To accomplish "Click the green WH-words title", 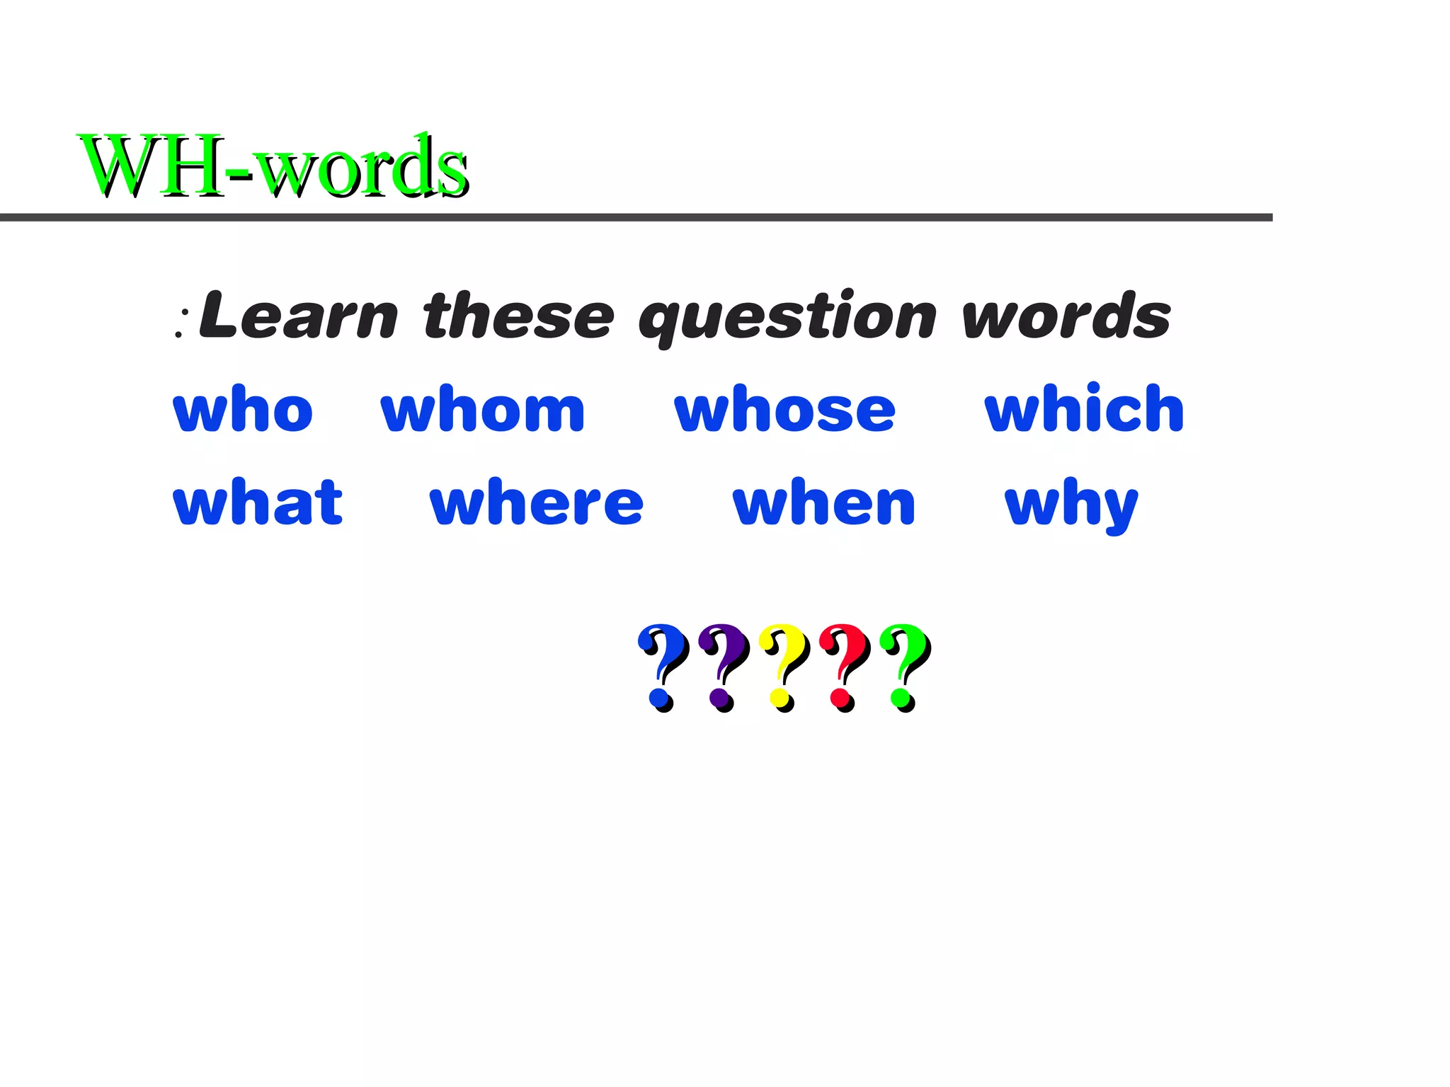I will (x=273, y=166).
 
